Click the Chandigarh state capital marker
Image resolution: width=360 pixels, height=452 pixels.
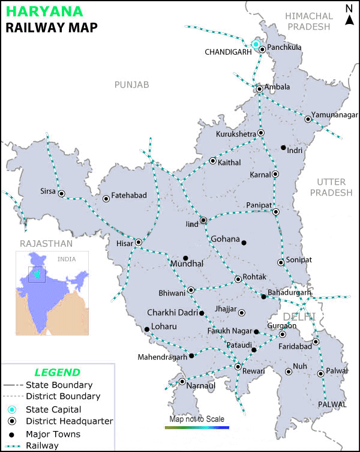click(256, 44)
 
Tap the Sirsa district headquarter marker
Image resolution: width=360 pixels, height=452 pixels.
click(61, 193)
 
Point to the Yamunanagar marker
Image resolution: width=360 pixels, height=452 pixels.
click(308, 119)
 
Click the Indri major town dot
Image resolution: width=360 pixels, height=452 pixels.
click(284, 148)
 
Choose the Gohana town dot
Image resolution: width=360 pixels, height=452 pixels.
click(244, 243)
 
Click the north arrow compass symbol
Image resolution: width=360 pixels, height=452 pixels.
click(349, 16)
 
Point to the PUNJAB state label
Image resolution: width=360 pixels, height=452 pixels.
click(131, 85)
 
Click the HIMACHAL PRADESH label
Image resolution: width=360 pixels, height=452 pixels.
click(308, 21)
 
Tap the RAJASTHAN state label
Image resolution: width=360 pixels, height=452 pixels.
click(46, 243)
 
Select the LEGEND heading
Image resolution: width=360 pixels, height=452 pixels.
click(57, 372)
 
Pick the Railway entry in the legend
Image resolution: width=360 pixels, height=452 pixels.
click(42, 445)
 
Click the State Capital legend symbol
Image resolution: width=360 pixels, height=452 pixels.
click(11, 409)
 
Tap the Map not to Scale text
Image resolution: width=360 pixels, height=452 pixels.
click(197, 419)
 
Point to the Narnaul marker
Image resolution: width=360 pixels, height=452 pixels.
click(182, 381)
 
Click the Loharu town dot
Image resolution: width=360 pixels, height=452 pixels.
click(147, 329)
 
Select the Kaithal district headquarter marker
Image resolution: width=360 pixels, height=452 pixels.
click(212, 161)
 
